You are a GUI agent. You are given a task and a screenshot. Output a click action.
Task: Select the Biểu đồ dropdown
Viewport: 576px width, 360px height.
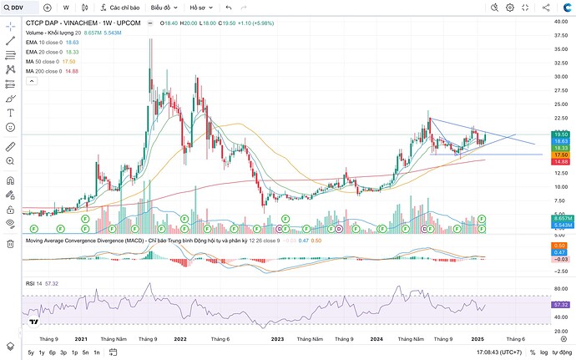(x=164, y=7)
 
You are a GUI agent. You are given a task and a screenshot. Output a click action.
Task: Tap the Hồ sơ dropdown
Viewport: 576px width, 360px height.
(x=200, y=7)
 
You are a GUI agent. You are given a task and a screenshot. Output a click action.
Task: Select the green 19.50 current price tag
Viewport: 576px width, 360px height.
(x=560, y=134)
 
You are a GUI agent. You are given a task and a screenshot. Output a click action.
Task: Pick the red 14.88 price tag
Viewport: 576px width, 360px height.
(x=560, y=161)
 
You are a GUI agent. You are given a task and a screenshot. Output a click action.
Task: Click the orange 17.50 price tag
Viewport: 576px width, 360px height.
(x=560, y=155)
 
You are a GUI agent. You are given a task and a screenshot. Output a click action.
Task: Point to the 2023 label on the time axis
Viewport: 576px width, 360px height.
(x=277, y=339)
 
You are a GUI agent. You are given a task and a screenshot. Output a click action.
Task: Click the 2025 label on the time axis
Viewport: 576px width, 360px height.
(x=477, y=339)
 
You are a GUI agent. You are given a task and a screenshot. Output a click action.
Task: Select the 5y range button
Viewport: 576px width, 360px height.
(x=31, y=352)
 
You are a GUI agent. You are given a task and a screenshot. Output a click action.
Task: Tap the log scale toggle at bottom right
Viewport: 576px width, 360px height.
(x=544, y=352)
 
